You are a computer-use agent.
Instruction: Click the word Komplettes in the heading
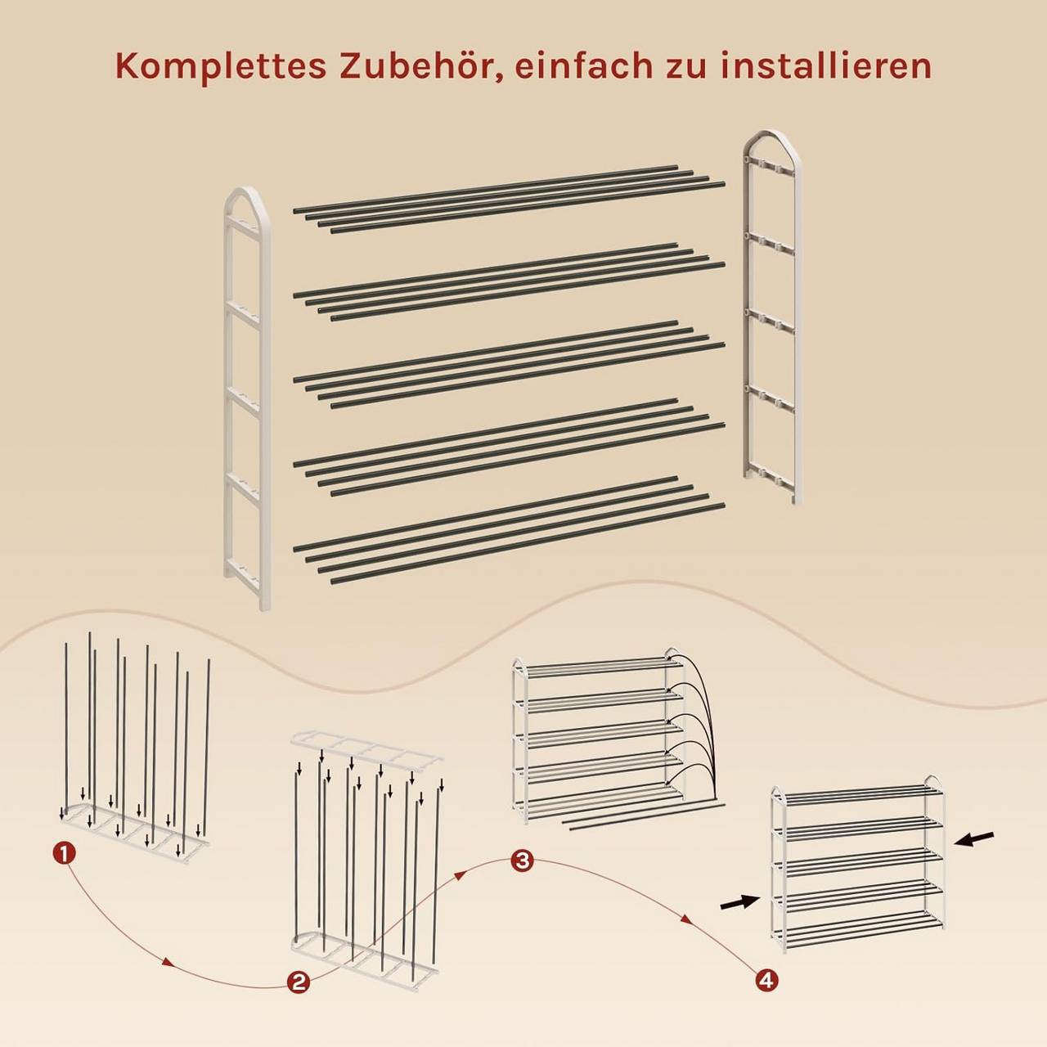point(221,67)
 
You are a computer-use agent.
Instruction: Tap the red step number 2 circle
point(299,997)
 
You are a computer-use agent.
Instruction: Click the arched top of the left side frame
point(247,195)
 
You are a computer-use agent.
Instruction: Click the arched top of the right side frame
point(772,139)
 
